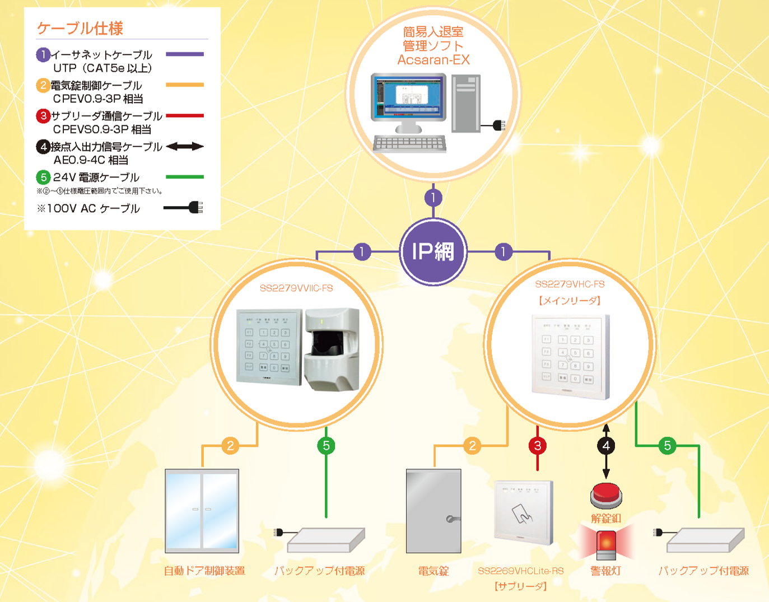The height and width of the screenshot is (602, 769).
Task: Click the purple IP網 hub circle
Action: [x=433, y=251]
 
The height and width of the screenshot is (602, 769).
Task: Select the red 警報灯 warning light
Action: [x=605, y=544]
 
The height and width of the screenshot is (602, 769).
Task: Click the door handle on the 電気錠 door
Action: [x=451, y=519]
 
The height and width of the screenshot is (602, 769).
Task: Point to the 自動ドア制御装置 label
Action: [x=204, y=571]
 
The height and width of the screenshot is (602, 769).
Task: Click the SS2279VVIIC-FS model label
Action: [x=296, y=288]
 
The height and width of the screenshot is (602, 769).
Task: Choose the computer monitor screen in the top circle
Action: [x=408, y=96]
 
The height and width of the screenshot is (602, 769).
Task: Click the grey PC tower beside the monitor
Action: [x=465, y=104]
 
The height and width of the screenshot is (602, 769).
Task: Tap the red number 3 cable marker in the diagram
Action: [x=538, y=446]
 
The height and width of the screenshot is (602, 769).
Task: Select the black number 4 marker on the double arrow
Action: [x=606, y=446]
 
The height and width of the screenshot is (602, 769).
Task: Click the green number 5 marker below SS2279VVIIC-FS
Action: [x=326, y=446]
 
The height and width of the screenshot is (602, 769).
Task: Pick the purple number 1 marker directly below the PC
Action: [x=433, y=198]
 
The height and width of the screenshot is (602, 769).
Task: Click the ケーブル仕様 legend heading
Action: [x=80, y=28]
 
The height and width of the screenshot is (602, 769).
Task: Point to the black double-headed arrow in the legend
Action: [x=185, y=147]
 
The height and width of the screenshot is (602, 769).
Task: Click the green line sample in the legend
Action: [x=185, y=177]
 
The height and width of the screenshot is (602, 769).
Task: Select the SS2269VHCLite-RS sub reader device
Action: [x=523, y=512]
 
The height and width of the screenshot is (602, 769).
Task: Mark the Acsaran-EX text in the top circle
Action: [x=434, y=60]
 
